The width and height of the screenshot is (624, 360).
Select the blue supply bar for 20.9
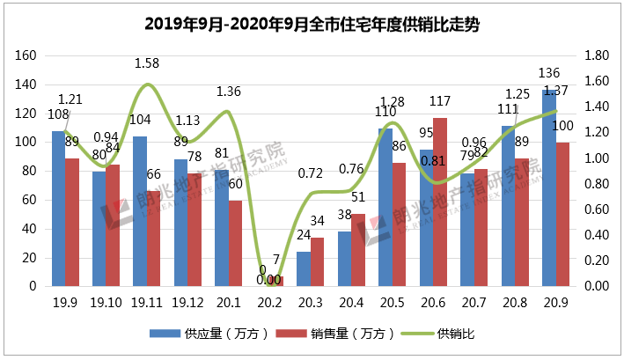click(549, 188)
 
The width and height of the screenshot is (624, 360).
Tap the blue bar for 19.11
click(140, 211)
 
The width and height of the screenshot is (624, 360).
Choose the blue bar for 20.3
click(304, 269)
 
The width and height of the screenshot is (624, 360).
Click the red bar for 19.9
click(72, 223)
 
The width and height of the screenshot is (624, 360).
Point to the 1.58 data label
click(147, 63)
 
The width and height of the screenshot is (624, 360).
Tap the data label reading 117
click(441, 101)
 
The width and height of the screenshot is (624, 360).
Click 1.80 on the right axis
click(598, 55)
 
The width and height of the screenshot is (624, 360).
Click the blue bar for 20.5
click(385, 208)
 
